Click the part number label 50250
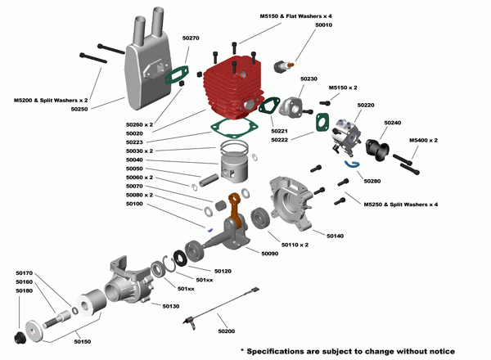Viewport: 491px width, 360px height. (79, 108)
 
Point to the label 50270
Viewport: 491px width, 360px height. (191, 38)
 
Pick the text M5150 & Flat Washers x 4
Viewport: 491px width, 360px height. (295, 17)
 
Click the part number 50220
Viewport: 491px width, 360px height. (366, 106)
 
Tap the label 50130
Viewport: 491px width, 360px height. (170, 306)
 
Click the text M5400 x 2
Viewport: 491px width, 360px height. (423, 140)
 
